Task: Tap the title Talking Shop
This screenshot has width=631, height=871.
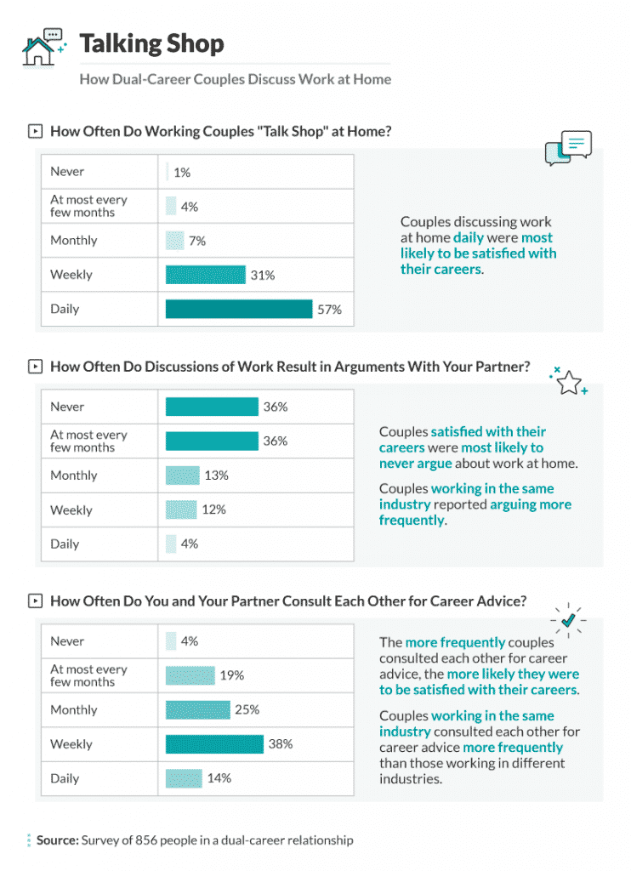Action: click(151, 44)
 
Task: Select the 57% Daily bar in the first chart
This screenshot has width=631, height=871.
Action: click(238, 309)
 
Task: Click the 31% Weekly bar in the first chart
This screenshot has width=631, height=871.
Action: click(204, 275)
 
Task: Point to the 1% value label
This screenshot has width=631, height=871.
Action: click(182, 173)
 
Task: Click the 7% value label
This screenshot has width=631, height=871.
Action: click(197, 241)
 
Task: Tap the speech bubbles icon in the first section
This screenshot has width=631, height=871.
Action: click(567, 148)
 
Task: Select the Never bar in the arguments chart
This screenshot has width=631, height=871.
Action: click(211, 407)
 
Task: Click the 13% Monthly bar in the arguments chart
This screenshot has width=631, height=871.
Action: click(182, 475)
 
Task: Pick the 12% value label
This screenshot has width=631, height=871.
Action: click(213, 510)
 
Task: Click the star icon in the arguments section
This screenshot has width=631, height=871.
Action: click(568, 383)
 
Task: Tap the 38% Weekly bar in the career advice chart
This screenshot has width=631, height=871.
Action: click(214, 744)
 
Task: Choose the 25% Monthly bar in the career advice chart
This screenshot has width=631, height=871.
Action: click(197, 709)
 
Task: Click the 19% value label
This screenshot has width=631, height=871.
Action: click(232, 675)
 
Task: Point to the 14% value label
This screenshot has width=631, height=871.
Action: click(219, 778)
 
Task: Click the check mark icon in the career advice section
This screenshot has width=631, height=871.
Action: click(567, 621)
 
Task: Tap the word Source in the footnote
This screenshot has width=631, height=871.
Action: click(57, 840)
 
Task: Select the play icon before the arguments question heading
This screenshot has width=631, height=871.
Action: click(35, 367)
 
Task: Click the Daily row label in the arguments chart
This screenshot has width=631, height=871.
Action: click(65, 544)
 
